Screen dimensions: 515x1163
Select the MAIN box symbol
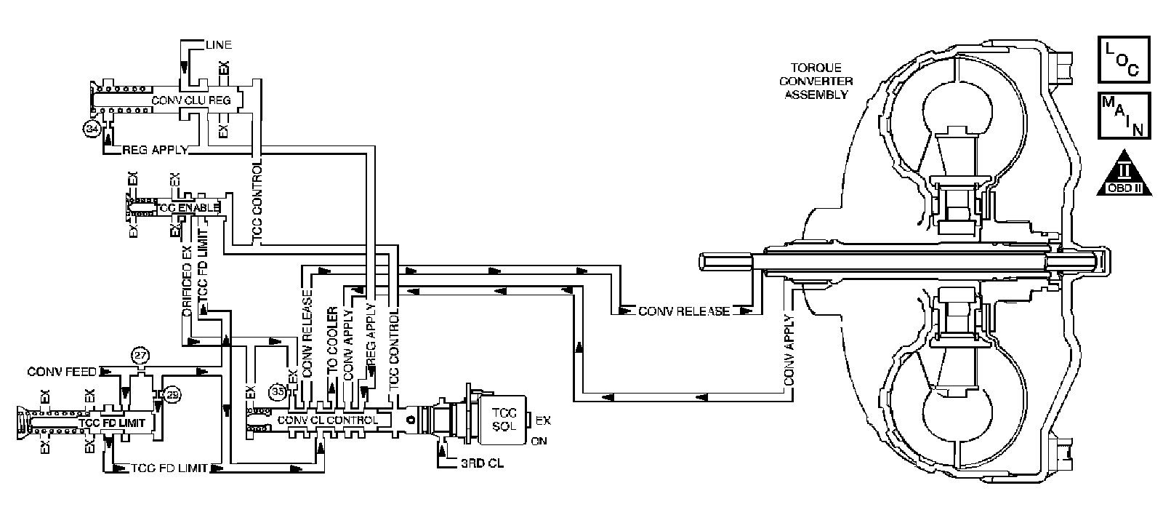1123,115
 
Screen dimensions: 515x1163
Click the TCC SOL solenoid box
503,420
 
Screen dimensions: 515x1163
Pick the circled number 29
173,394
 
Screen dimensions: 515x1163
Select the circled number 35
277,391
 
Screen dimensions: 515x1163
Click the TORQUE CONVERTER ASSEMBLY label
818,78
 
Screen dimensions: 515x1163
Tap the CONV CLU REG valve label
190,99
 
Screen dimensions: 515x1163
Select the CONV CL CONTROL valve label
327,420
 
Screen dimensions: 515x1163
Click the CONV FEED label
62,371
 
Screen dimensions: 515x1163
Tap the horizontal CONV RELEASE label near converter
683,311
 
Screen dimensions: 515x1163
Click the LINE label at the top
217,45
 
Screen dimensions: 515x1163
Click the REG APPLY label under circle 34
155,150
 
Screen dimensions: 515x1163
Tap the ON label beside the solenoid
539,441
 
